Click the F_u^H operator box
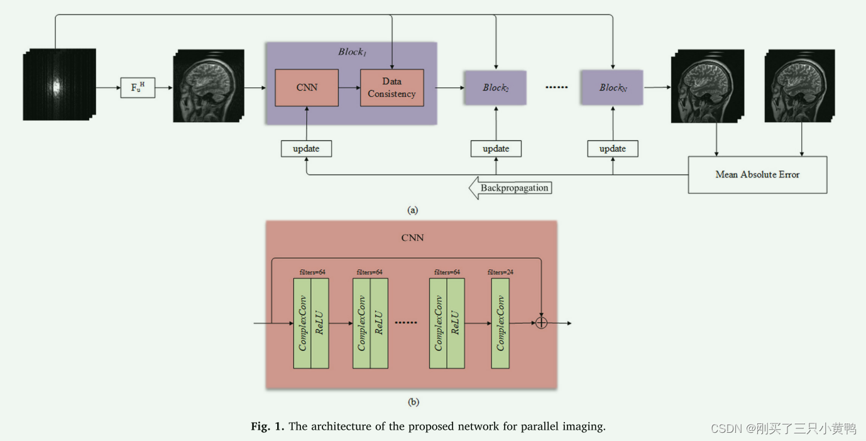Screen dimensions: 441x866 click(x=138, y=87)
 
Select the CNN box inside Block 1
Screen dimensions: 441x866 click(x=307, y=87)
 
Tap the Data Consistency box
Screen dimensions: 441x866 click(x=392, y=87)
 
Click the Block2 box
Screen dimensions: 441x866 click(x=495, y=87)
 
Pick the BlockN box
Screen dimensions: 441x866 click(x=612, y=87)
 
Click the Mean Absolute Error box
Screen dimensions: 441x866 click(x=757, y=174)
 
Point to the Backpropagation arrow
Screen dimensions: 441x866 click(x=511, y=188)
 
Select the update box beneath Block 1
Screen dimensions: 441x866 click(x=306, y=148)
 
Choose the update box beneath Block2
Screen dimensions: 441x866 click(x=496, y=148)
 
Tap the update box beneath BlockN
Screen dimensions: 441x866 click(x=613, y=148)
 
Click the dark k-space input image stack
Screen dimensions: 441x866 click(x=59, y=84)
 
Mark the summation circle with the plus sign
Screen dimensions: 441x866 click(x=541, y=323)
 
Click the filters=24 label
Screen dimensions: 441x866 click(x=500, y=272)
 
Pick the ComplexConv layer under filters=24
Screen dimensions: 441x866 click(x=500, y=323)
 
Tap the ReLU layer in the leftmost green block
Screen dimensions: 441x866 click(x=320, y=323)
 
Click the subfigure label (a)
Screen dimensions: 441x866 click(x=412, y=210)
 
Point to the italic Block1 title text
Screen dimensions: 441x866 click(x=352, y=52)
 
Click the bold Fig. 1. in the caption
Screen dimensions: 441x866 click(x=268, y=427)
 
